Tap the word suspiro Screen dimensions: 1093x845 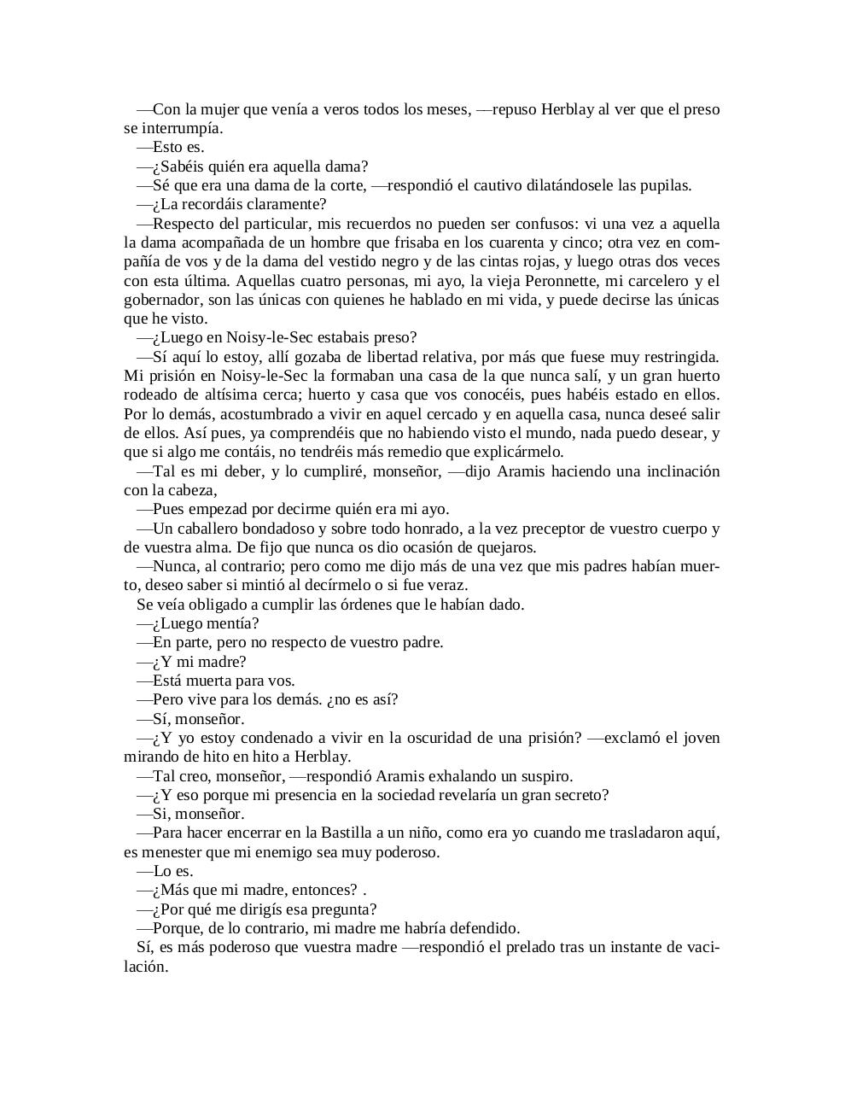[545, 776]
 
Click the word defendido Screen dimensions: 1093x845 [485, 928]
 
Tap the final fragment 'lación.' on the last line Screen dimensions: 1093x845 [146, 967]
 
